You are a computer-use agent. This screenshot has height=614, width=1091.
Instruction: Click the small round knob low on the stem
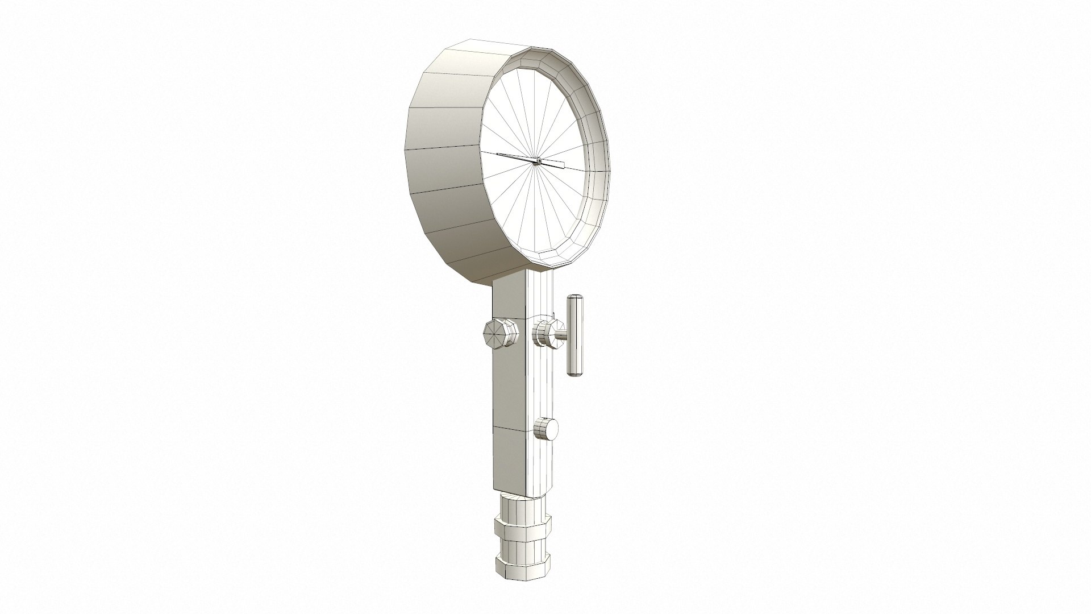547,428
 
